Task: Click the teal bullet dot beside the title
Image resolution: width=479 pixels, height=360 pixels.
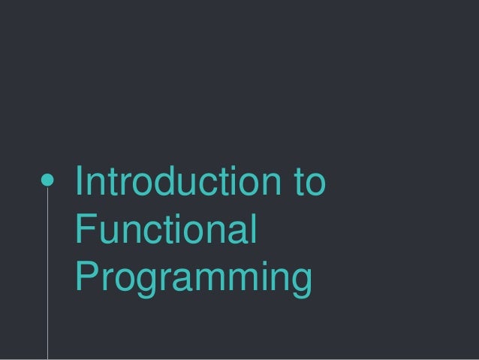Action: click(47, 181)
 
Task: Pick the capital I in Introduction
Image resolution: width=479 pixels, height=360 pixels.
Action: click(81, 183)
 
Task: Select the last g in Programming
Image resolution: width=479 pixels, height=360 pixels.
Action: click(298, 281)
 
